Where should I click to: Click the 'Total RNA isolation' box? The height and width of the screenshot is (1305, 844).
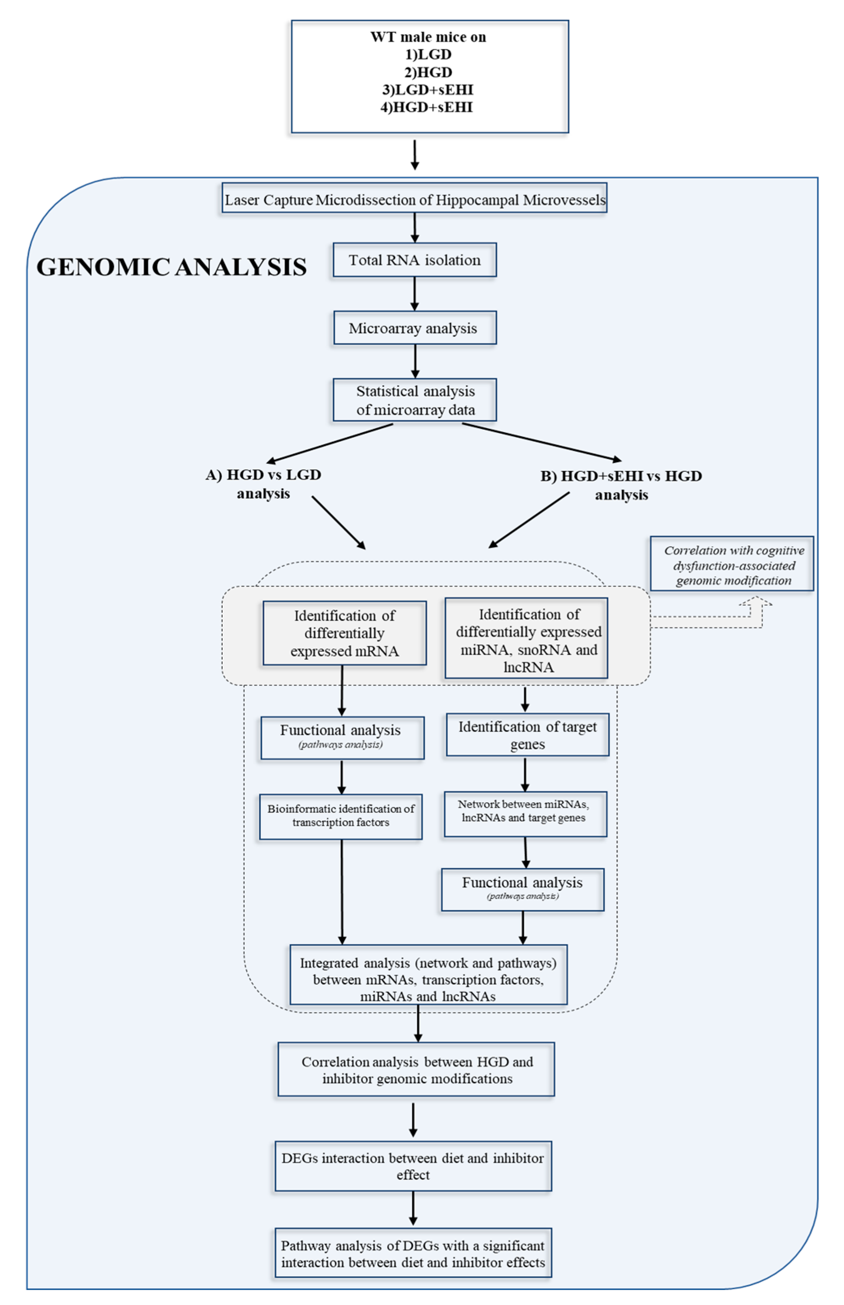pos(415,260)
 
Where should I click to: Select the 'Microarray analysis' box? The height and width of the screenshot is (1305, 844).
pos(415,328)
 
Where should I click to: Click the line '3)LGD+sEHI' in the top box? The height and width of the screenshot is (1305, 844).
pos(427,89)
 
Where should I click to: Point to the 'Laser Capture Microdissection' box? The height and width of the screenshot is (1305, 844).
pos(415,200)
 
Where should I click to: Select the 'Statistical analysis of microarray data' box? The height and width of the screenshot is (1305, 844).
pos(415,401)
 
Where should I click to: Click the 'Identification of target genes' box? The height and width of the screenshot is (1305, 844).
pos(527,735)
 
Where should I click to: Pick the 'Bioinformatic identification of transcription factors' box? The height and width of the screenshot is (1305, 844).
pos(340,816)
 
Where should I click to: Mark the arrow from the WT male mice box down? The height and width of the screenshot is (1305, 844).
pos(415,155)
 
